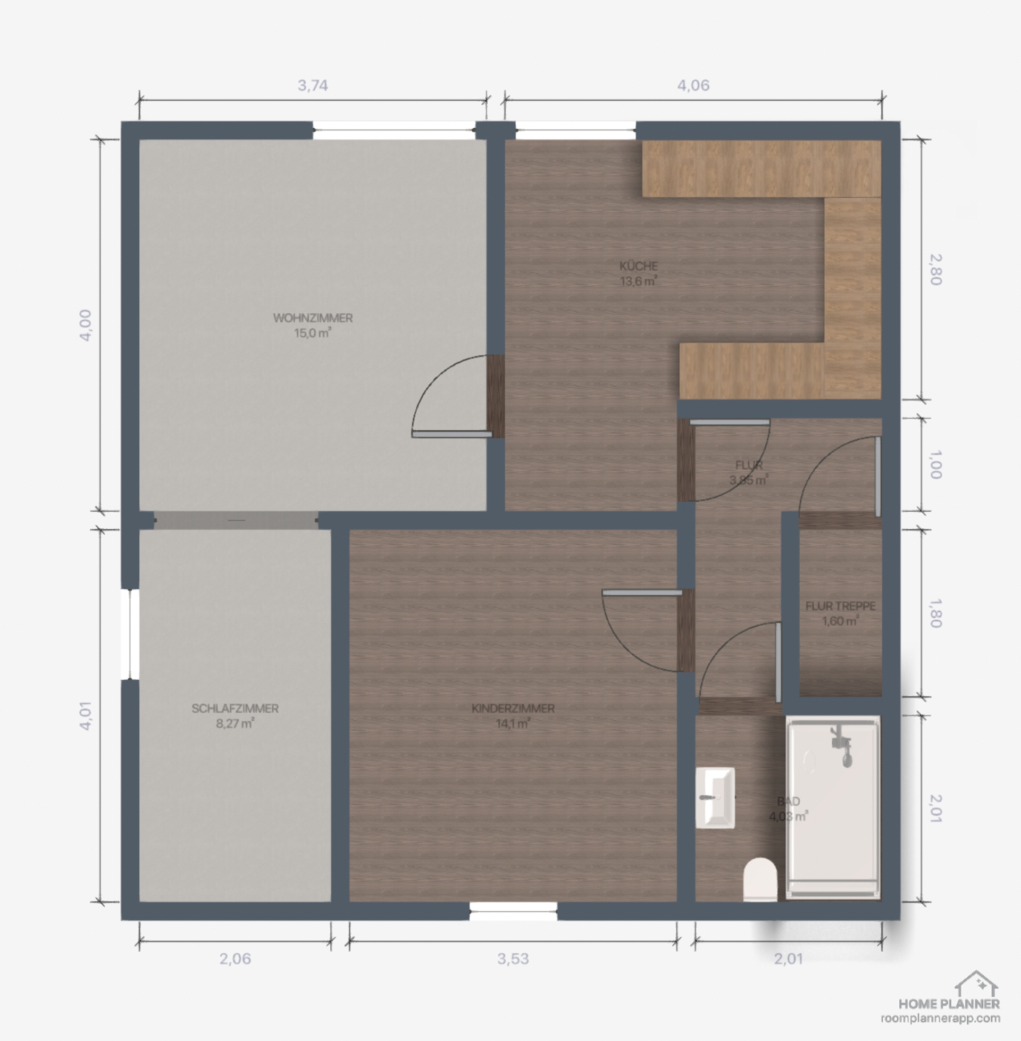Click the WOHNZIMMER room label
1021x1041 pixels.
pos(313,318)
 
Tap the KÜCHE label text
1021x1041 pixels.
pos(639,266)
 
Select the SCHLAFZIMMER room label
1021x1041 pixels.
pos(235,709)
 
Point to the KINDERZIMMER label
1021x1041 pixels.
pos(513,709)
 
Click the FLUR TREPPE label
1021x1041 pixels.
pos(840,606)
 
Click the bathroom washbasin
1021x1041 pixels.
pos(715,798)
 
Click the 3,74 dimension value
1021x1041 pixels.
pos(313,85)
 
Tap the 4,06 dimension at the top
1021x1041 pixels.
pos(693,85)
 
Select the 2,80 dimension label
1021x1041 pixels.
pos(935,270)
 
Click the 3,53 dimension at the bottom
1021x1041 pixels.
pos(513,959)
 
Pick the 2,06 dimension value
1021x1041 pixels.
pos(235,959)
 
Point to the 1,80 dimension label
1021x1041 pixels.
pos(935,613)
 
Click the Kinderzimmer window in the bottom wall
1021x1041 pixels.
pos(513,911)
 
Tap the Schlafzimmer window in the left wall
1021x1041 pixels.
pos(130,635)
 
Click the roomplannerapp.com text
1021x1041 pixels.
pos(941,1018)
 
